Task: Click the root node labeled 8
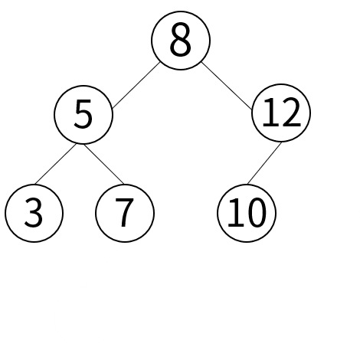[181, 40]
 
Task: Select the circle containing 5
[83, 115]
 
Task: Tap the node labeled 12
[281, 113]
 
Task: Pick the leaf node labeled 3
[34, 213]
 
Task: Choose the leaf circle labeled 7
[125, 213]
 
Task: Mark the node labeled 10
[247, 213]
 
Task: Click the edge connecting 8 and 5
[136, 85]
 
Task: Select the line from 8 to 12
[227, 86]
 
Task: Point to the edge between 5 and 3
[55, 164]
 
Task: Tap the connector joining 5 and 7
[104, 164]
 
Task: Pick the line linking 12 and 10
[264, 163]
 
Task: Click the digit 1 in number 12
[270, 113]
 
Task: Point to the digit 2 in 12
[291, 113]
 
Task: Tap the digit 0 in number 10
[256, 213]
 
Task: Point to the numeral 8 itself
[180, 40]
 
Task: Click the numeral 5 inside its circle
[83, 114]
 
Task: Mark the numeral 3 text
[34, 213]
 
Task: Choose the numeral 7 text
[124, 213]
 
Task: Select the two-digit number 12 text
[282, 113]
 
